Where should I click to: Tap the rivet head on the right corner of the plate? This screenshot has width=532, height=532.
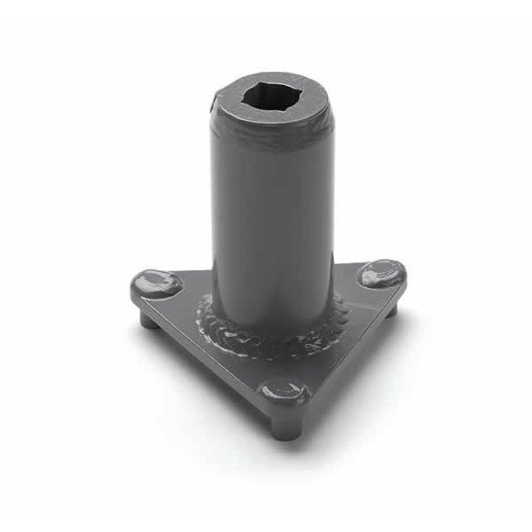tap(381, 273)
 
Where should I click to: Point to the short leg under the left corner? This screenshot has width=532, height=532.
tap(148, 321)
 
